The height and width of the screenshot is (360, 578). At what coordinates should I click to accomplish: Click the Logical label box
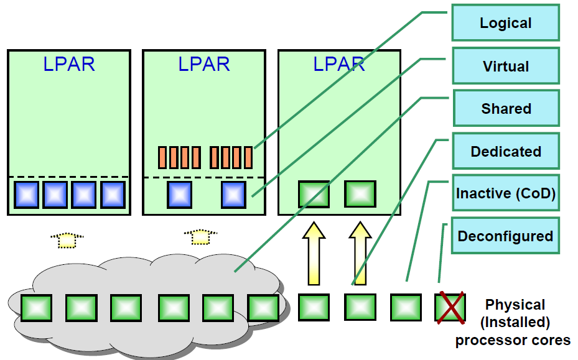click(505, 24)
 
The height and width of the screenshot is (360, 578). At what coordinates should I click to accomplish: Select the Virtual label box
click(505, 66)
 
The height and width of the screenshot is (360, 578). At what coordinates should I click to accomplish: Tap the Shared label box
click(506, 109)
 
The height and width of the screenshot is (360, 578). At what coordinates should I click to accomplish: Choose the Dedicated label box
click(505, 151)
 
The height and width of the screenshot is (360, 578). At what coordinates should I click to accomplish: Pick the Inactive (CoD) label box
click(505, 193)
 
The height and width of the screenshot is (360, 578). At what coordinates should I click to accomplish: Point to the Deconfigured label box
click(505, 236)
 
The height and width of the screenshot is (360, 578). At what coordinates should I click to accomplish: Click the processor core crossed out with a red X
click(450, 308)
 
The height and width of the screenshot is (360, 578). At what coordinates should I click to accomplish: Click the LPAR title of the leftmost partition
click(69, 64)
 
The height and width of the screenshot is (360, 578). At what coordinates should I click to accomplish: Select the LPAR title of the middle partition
click(204, 64)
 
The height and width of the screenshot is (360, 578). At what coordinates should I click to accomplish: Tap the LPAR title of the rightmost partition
click(339, 64)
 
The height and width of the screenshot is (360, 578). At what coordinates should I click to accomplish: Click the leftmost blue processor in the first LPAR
click(27, 195)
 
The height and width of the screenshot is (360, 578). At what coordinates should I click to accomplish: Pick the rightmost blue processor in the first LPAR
click(113, 195)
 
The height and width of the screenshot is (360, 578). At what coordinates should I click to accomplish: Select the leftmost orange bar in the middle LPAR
click(162, 157)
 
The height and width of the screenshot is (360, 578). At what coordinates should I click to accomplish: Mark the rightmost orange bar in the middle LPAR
click(248, 157)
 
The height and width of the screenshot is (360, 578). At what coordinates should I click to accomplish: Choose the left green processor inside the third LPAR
click(314, 194)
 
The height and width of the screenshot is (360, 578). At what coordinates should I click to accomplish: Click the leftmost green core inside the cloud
click(36, 308)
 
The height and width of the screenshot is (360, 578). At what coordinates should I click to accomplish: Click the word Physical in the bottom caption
click(515, 305)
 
